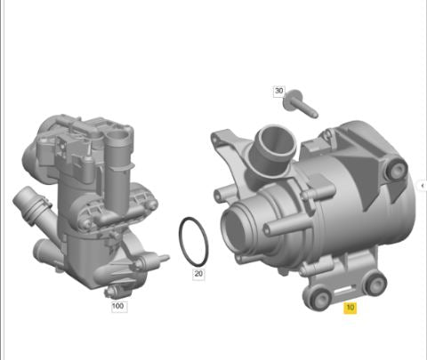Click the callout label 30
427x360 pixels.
tap(278, 91)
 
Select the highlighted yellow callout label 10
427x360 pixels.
tap(350, 308)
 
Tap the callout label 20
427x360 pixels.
tap(198, 274)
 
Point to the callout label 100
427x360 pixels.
tap(118, 307)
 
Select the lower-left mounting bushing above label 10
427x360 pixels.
tap(318, 299)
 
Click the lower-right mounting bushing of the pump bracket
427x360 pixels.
tap(377, 284)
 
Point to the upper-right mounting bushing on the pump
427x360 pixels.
tap(396, 168)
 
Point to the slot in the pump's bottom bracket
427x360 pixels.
tap(345, 291)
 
